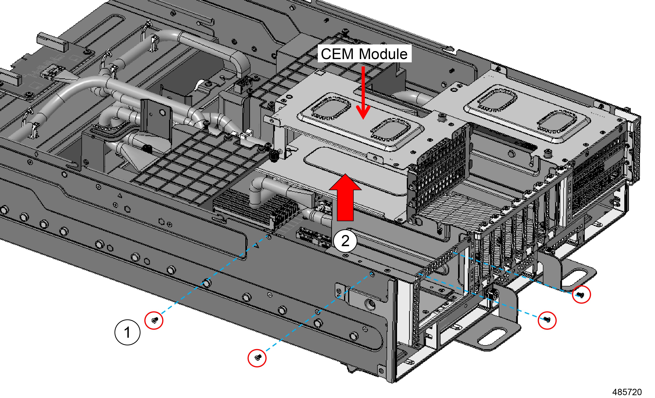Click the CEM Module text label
pyautogui.click(x=364, y=54)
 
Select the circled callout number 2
pyautogui.click(x=345, y=241)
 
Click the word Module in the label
pyautogui.click(x=383, y=54)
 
